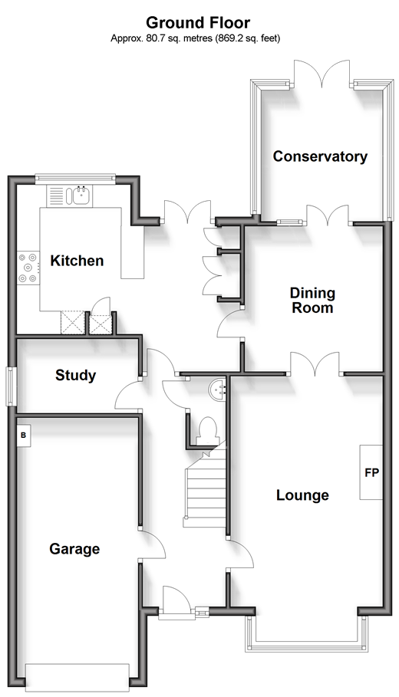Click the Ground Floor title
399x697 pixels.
[x=198, y=23]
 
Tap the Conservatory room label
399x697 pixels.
[x=320, y=156]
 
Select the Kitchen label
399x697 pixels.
[x=77, y=261]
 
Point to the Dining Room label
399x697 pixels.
[x=312, y=300]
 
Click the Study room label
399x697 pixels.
[x=75, y=375]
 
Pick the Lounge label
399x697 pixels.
[x=302, y=495]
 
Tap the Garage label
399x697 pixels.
[x=74, y=548]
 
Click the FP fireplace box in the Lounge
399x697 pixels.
[x=371, y=472]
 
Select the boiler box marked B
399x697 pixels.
[x=24, y=436]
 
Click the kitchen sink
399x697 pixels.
[x=79, y=196]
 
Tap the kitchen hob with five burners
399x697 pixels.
[x=28, y=268]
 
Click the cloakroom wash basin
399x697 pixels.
[x=219, y=389]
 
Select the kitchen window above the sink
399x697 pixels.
[x=76, y=178]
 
